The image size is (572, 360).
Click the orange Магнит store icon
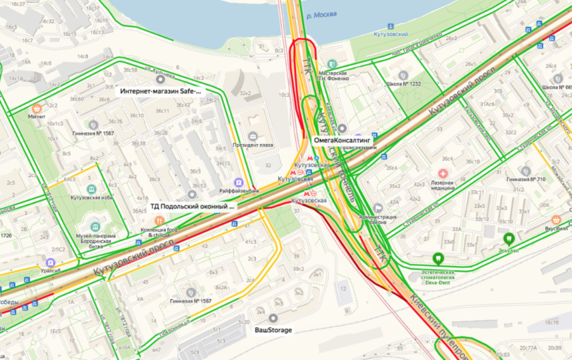tap(36, 107)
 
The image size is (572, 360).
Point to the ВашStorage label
tap(274, 329)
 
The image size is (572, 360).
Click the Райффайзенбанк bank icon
tap(238, 182)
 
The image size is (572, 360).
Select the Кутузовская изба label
tap(91, 198)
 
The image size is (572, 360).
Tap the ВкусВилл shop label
tap(555, 228)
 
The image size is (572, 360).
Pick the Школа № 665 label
tap(557, 87)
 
